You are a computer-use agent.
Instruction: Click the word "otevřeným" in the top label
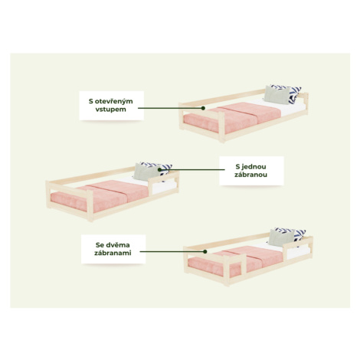tap(114, 101)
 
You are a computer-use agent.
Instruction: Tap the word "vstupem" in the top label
tap(111, 110)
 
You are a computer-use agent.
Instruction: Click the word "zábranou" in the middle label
tap(251, 175)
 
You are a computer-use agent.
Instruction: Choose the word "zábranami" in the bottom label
tap(113, 253)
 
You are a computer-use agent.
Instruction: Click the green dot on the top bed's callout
tap(203, 108)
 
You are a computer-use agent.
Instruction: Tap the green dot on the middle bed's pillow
tap(159, 169)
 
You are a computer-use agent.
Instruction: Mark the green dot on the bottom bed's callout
tap(205, 251)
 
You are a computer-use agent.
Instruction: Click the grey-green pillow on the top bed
tap(277, 95)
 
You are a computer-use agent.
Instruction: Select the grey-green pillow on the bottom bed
tap(281, 237)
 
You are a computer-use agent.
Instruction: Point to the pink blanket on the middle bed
tap(100, 195)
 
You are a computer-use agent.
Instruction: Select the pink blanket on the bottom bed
tap(235, 261)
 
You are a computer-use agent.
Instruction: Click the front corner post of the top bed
tap(221, 127)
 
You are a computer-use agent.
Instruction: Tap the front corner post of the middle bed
tap(90, 206)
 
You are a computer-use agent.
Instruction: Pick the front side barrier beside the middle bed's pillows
tap(163, 182)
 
